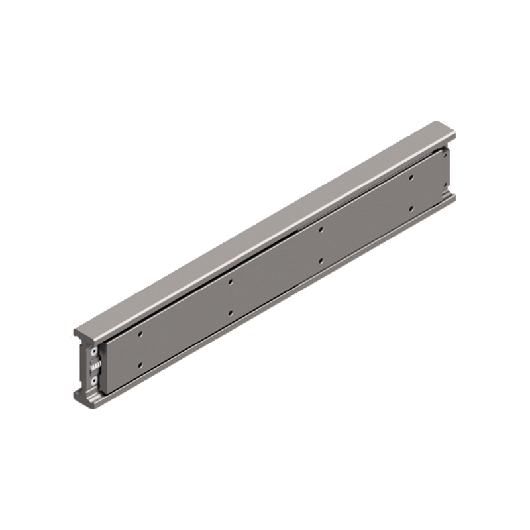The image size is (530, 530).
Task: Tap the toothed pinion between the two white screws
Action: (97, 366)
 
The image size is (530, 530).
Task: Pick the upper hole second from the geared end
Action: (230, 282)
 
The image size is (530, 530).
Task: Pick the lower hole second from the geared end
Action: (230, 312)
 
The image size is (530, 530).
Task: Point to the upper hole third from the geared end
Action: (321, 229)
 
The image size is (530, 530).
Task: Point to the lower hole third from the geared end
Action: (321, 260)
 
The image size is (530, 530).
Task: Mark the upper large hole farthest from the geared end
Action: (411, 177)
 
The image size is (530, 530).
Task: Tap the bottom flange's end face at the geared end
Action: (83, 397)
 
